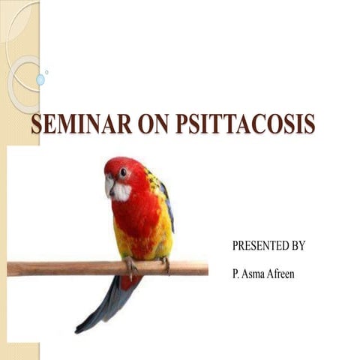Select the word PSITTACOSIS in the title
click(x=245, y=125)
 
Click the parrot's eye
click(x=122, y=172)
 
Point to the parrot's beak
click(x=109, y=184)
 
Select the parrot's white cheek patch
click(x=121, y=190)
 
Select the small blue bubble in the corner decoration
click(x=40, y=79)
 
